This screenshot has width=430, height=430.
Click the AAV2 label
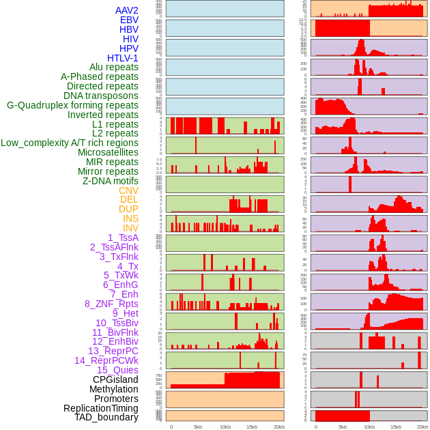click(127, 11)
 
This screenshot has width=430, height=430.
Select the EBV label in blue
click(129, 20)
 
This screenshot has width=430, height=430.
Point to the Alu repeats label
click(114, 68)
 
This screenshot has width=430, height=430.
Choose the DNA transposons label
click(101, 96)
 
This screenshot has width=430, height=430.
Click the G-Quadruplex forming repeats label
click(72, 105)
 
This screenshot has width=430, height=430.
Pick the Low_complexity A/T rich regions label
click(70, 143)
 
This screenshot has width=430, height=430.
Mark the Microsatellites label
click(108, 152)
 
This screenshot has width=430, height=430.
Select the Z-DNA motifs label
click(111, 181)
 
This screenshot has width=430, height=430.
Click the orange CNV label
click(128, 190)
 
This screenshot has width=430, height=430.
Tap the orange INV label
click(130, 228)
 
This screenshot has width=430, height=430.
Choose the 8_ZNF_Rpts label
click(111, 304)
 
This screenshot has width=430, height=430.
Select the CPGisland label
click(115, 379)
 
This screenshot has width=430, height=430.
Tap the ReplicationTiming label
click(101, 408)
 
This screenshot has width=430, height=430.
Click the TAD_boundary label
click(106, 417)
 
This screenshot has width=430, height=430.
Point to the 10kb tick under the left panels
click(225, 427)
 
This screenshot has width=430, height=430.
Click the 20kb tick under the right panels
click(423, 427)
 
